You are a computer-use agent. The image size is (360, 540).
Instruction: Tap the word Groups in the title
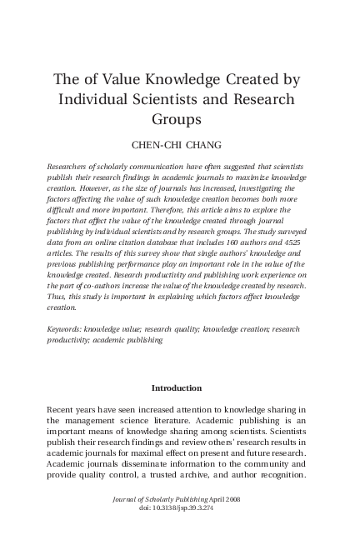(179, 119)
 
